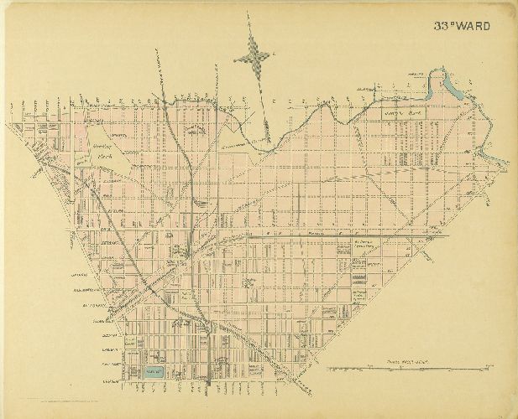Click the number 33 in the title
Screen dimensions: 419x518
point(443,26)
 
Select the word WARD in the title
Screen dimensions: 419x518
point(475,26)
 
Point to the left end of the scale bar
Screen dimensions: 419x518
point(326,369)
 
